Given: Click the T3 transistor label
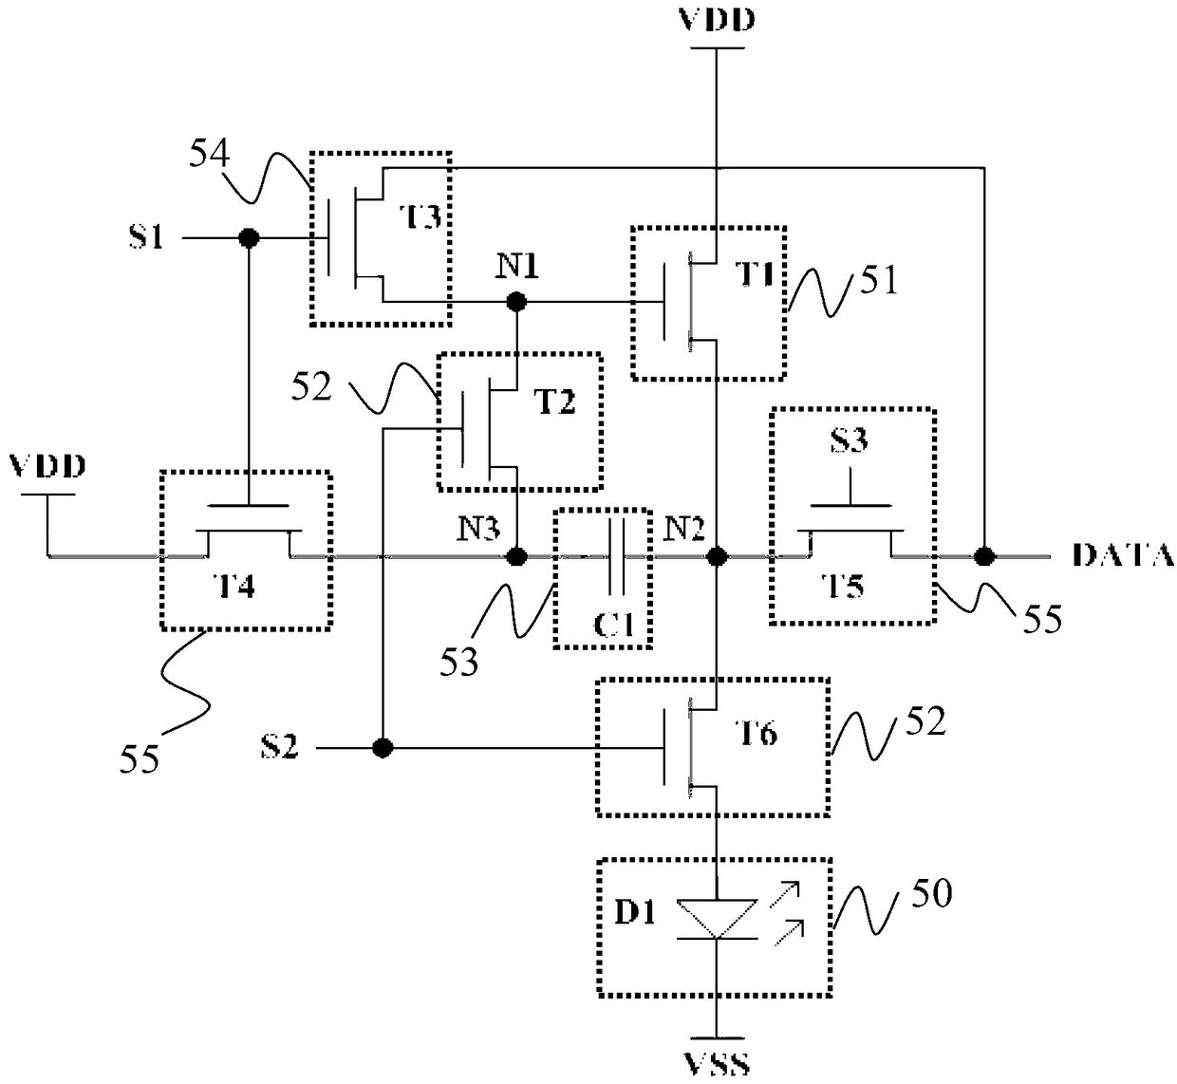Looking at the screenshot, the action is point(420,216).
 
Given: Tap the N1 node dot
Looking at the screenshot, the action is point(516,302).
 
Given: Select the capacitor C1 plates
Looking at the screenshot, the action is point(616,556).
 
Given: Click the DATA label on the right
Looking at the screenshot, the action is point(1123,554).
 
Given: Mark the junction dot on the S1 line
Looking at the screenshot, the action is point(249,237).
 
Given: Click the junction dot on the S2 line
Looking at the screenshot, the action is point(383,748).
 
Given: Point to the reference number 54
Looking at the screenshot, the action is point(210,155).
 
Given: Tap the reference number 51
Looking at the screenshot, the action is point(879,280).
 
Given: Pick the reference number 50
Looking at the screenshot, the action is point(931,894).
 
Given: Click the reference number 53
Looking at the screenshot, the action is point(459,662).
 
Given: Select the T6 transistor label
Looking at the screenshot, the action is point(757,734).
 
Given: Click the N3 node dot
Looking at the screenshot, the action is point(516,556).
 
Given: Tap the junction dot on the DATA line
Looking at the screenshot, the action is point(984,555).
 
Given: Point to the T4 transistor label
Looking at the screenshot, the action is point(235,586).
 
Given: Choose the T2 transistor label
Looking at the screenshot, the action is point(554,402).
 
